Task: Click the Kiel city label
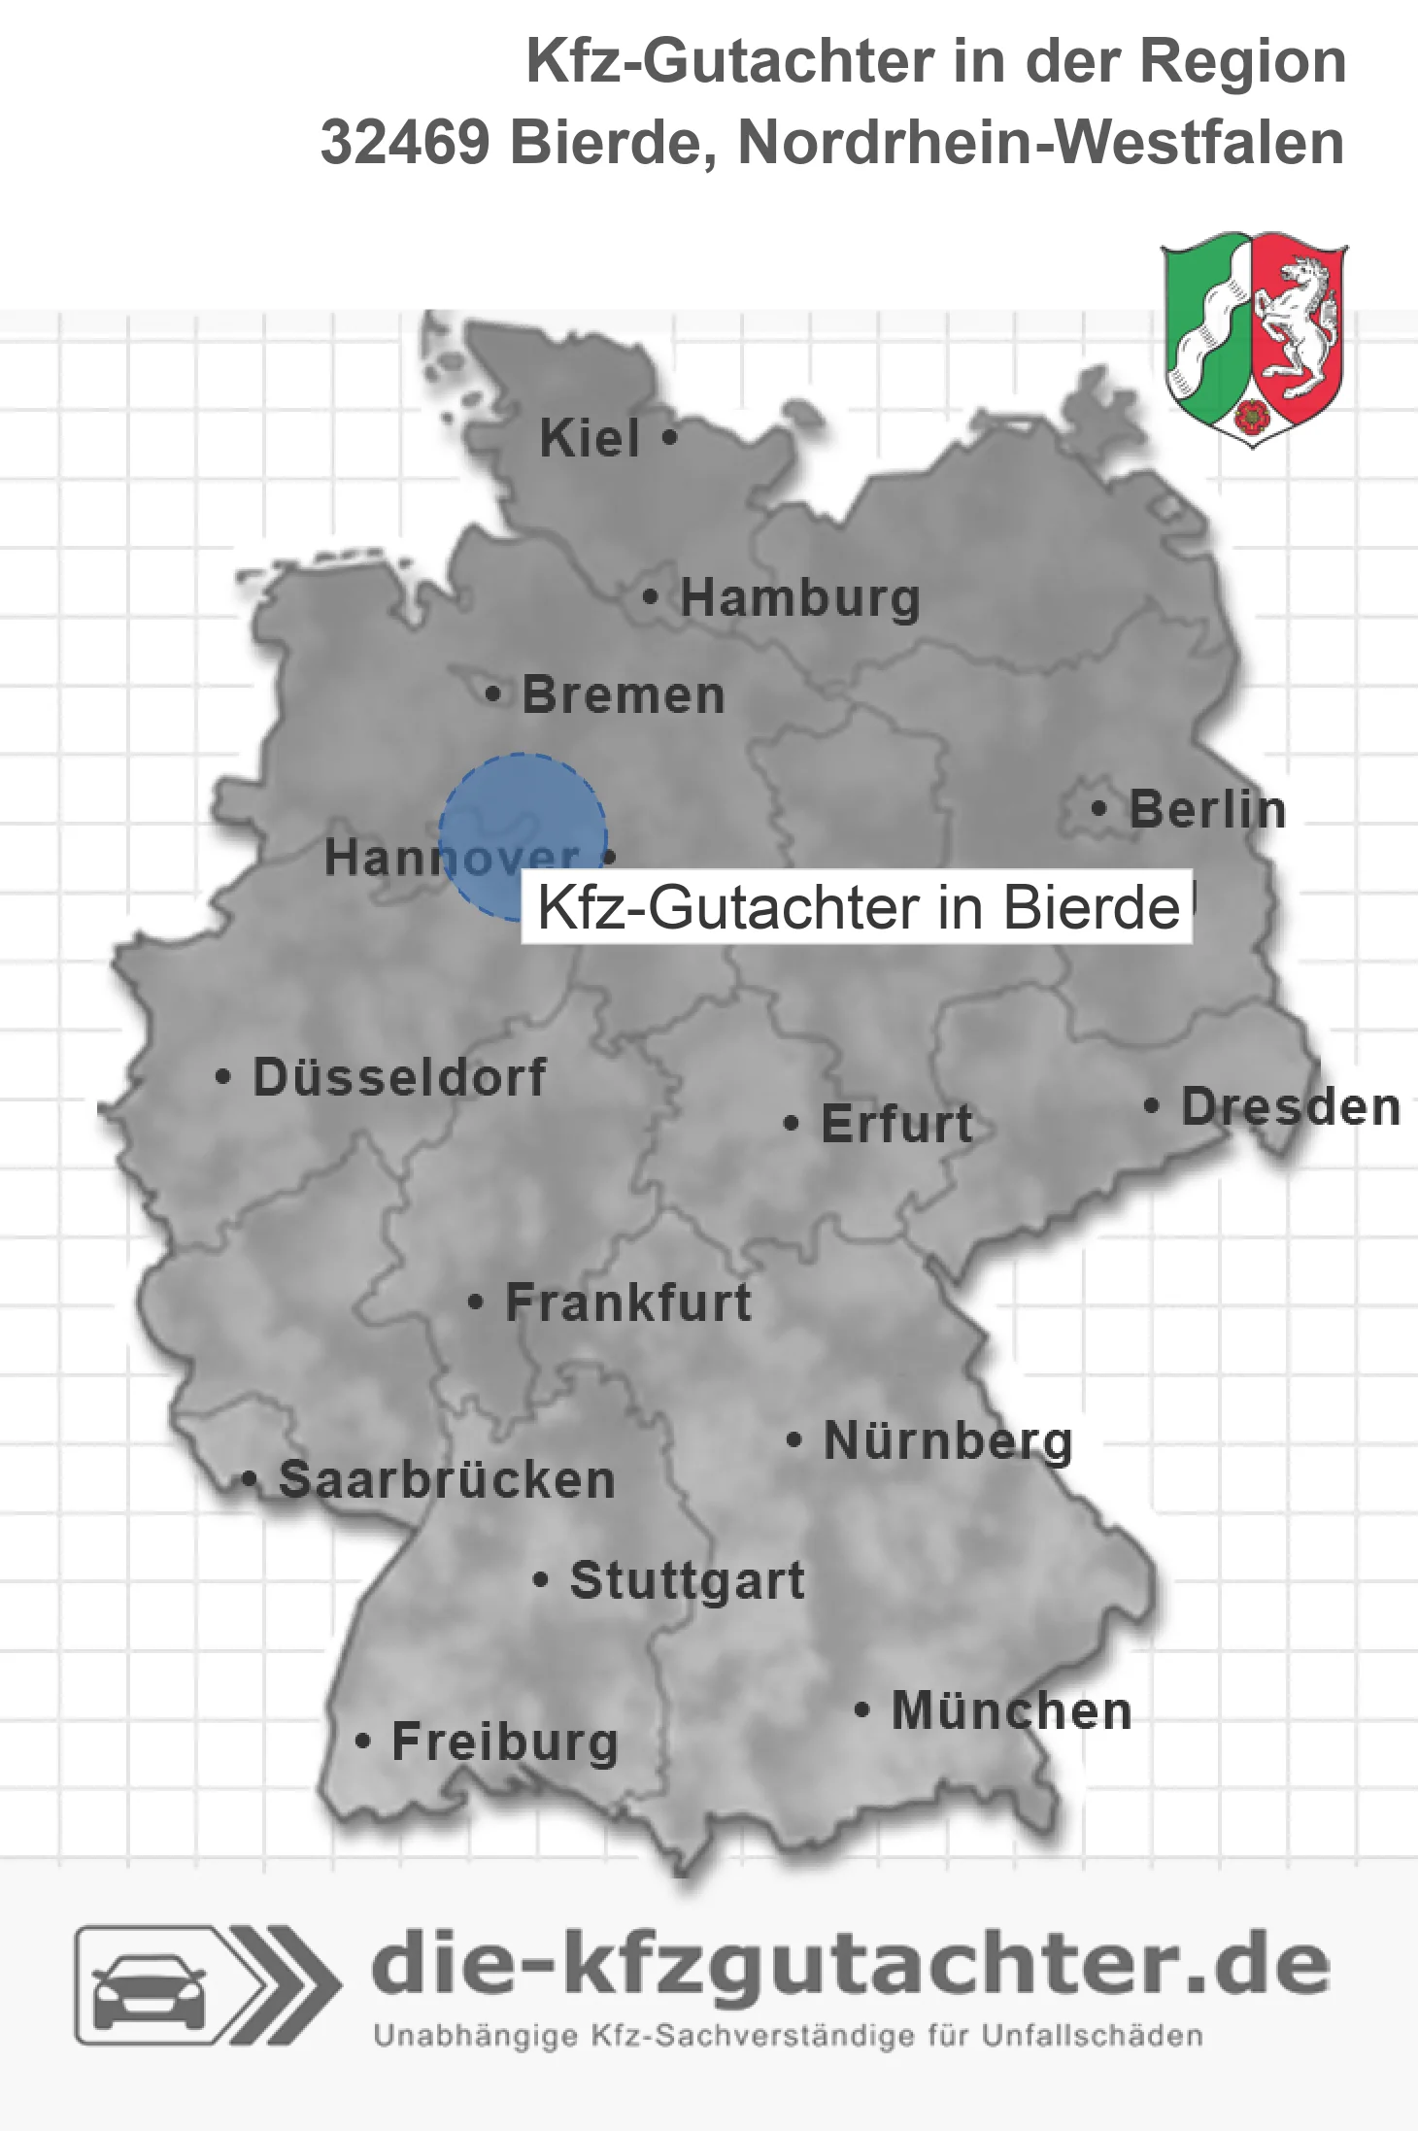[590, 438]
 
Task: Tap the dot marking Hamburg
[650, 597]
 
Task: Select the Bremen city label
[624, 695]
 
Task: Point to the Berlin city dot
[1098, 808]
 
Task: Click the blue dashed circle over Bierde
[523, 836]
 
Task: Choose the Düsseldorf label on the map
[399, 1077]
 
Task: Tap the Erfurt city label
[896, 1124]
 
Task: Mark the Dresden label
[1291, 1106]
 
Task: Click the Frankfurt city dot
[475, 1302]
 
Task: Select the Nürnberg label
[948, 1440]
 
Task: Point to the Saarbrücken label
[447, 1479]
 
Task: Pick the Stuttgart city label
[688, 1580]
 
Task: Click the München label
[1012, 1710]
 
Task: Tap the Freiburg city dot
[362, 1742]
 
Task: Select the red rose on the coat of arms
[1253, 416]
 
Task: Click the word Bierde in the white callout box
[1091, 908]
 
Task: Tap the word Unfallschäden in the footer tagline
[1092, 2036]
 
